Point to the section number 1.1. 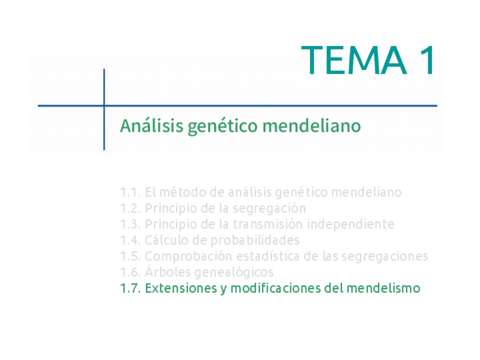[130, 192]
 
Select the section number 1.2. [130, 208]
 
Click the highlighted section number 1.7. [130, 288]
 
